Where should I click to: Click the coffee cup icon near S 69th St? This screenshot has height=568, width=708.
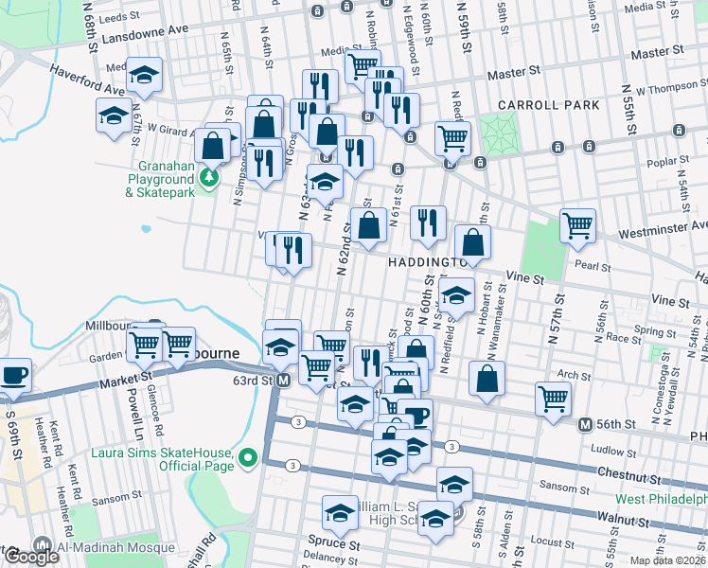(14, 374)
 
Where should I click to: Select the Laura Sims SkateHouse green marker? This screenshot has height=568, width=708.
(249, 459)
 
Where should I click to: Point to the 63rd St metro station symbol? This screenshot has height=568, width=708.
(283, 380)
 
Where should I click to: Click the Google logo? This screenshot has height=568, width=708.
(31, 557)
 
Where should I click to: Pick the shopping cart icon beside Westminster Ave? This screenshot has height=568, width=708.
(577, 226)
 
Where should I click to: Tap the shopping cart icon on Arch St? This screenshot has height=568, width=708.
(553, 399)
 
